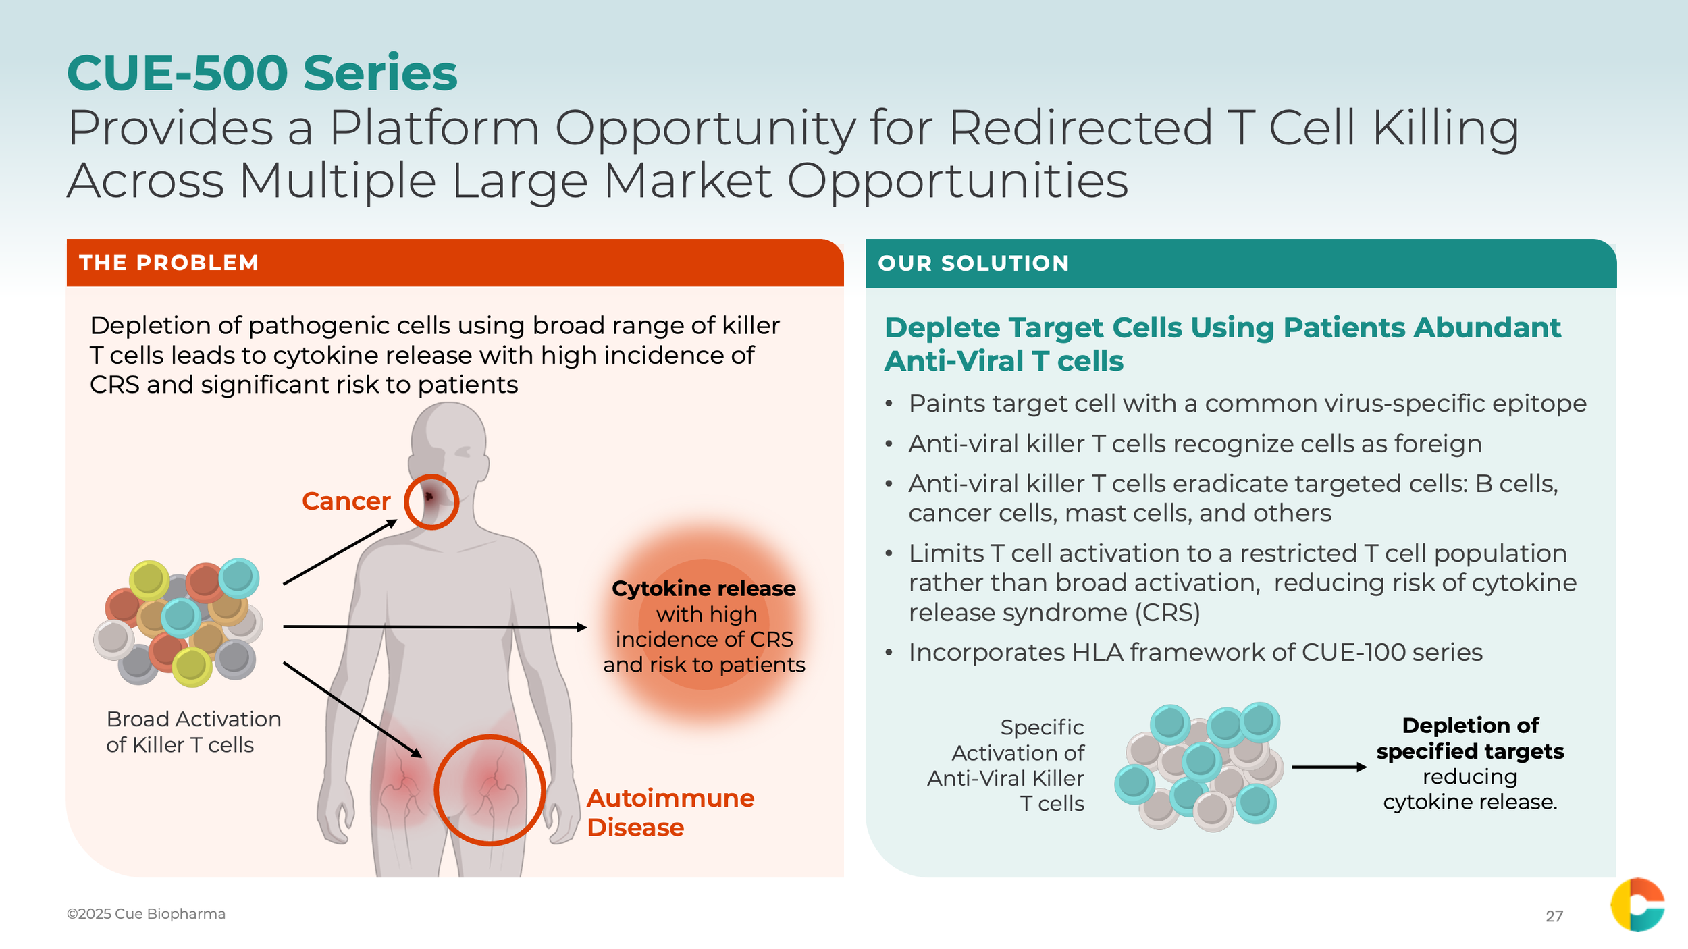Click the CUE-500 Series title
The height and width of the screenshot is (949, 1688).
click(x=262, y=73)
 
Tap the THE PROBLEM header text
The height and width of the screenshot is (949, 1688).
click(x=169, y=263)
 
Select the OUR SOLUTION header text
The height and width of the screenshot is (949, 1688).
click(x=974, y=263)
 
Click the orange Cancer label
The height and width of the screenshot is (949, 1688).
click(x=346, y=501)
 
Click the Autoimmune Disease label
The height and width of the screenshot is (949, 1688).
click(x=670, y=813)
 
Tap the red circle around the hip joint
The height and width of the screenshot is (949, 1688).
click(x=436, y=790)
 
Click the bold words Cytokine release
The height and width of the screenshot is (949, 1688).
click(x=704, y=589)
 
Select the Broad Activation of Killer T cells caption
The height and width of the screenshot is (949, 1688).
click(x=194, y=732)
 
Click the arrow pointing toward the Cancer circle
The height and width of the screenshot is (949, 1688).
click(x=340, y=551)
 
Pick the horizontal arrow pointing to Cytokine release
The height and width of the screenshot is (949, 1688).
click(x=435, y=627)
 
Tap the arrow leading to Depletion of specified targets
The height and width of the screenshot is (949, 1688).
click(x=1329, y=767)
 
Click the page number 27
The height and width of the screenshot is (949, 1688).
click(x=1554, y=916)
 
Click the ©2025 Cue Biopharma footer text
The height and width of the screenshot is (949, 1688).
click(x=146, y=913)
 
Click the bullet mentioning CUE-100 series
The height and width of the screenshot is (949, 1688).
click(x=1195, y=652)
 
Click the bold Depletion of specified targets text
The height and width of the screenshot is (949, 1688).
click(x=1471, y=738)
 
